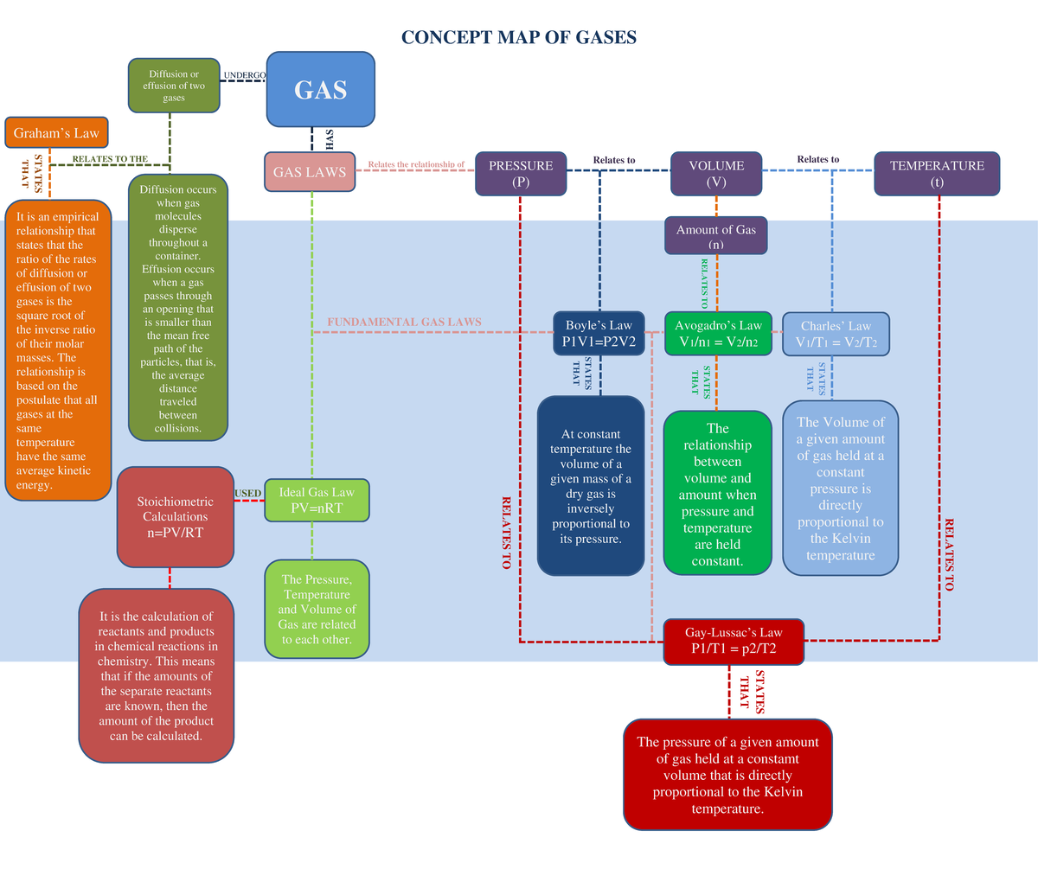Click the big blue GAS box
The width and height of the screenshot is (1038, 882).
pos(320,89)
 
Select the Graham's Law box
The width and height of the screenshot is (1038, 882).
pos(56,133)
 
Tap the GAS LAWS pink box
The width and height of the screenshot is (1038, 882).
pos(310,172)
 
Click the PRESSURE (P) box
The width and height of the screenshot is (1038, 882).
pos(521,173)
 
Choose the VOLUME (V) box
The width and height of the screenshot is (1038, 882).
pos(716,173)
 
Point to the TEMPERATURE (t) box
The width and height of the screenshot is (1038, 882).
pos(937,173)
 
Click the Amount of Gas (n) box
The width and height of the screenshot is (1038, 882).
pos(716,235)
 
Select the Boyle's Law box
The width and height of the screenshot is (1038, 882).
pos(599,333)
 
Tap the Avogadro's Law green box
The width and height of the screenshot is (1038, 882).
pos(718,333)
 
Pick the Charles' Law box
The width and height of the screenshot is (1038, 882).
pos(836,334)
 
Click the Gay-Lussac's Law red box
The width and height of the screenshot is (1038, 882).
pos(734,641)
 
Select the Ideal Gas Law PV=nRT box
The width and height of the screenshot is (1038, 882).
pos(317,500)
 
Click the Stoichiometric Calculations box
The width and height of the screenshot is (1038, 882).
pos(176,517)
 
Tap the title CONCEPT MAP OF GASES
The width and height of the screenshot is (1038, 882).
pos(519,37)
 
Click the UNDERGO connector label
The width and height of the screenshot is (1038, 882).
pos(245,75)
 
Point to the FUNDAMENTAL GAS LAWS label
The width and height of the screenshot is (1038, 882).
pos(404,322)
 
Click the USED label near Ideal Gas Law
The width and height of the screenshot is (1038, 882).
pos(248,493)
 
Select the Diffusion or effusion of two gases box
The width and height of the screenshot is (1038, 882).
pos(174,86)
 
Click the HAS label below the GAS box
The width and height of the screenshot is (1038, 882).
pos(329,138)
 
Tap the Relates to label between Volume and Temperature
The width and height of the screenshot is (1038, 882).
pos(817,159)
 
